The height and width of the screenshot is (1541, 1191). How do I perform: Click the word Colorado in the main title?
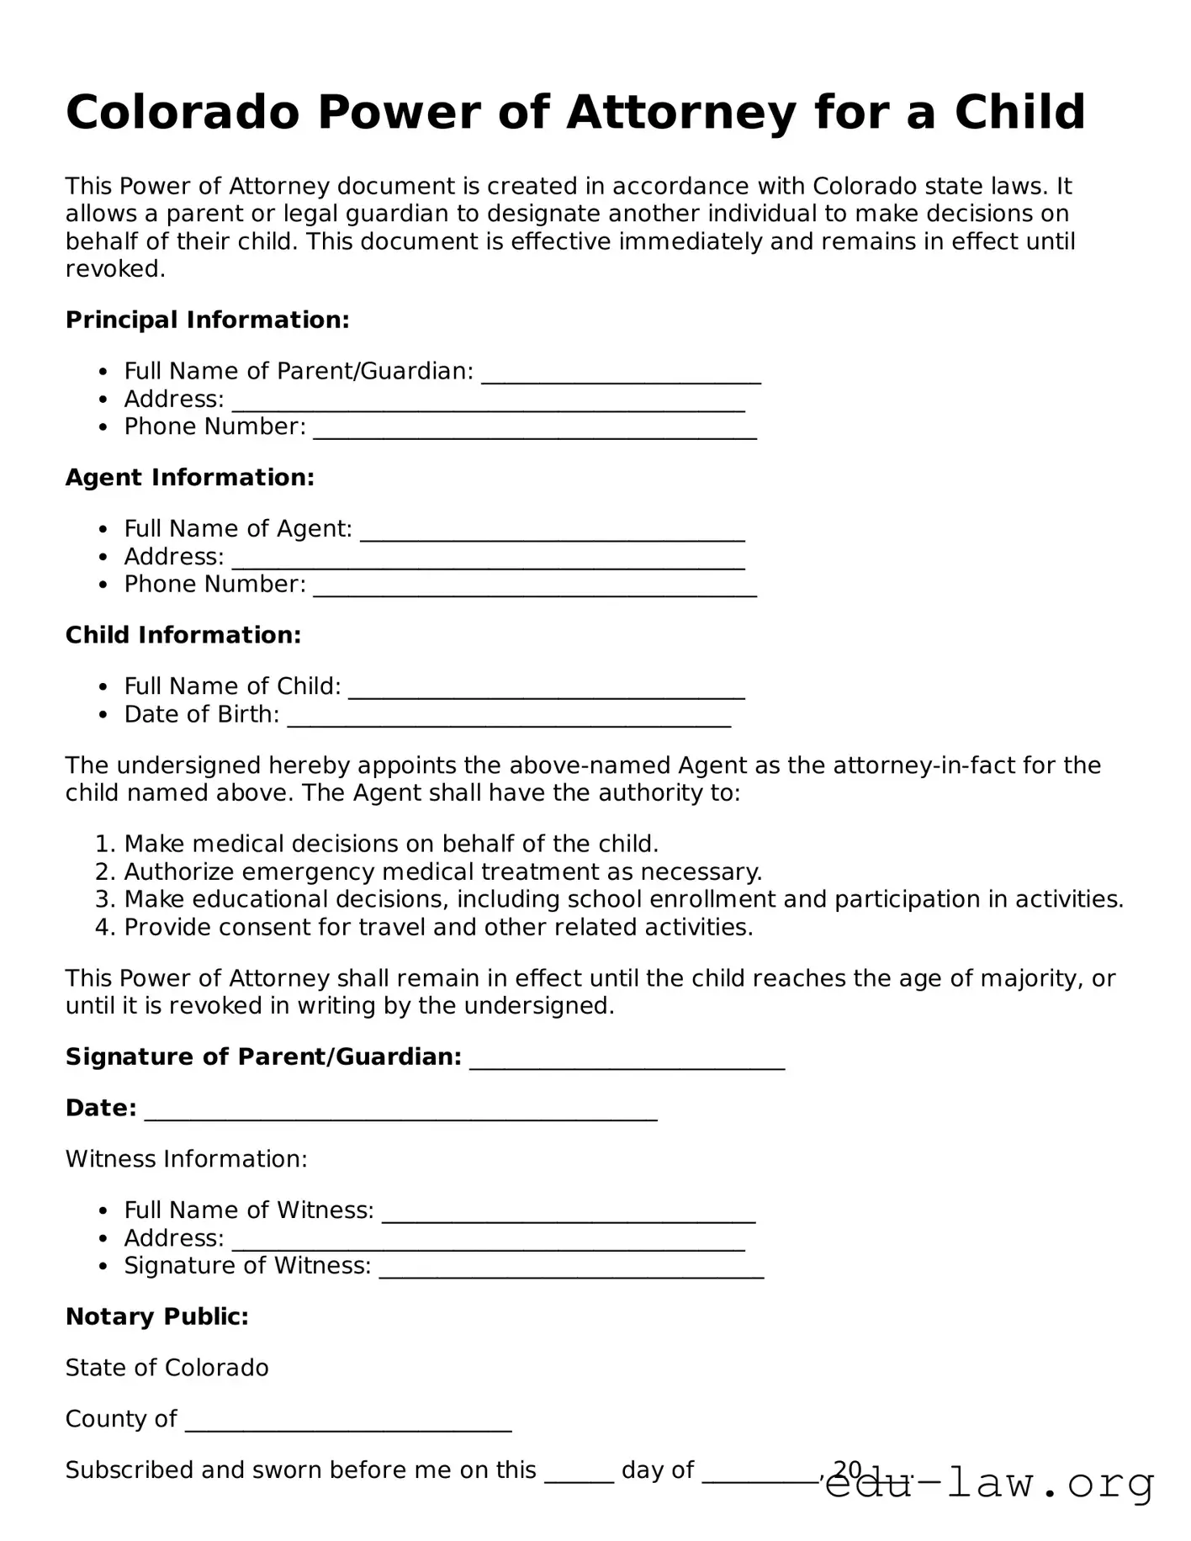click(x=183, y=112)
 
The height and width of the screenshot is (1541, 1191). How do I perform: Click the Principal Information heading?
click(x=207, y=320)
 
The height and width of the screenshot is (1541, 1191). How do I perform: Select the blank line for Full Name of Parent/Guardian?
click(x=621, y=375)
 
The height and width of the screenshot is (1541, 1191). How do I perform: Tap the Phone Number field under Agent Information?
click(x=535, y=588)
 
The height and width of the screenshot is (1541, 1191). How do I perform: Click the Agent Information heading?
click(x=190, y=477)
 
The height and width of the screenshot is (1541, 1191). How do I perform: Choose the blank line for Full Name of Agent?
click(x=552, y=532)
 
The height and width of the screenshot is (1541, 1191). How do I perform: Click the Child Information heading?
click(x=183, y=635)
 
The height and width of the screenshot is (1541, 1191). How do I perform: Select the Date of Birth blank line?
click(x=509, y=718)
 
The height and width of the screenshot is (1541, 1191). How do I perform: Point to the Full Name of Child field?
click(x=547, y=691)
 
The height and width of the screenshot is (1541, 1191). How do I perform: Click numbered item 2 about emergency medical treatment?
click(x=442, y=871)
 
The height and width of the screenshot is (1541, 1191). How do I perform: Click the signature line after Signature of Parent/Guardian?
click(x=627, y=1062)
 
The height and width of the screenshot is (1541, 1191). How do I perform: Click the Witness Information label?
click(x=187, y=1159)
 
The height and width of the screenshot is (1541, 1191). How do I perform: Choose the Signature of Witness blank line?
click(x=571, y=1270)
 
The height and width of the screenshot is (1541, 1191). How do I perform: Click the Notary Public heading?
click(x=157, y=1316)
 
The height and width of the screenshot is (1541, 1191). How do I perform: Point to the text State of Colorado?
click(x=167, y=1368)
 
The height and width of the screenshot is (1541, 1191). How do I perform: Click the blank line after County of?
click(x=348, y=1423)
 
